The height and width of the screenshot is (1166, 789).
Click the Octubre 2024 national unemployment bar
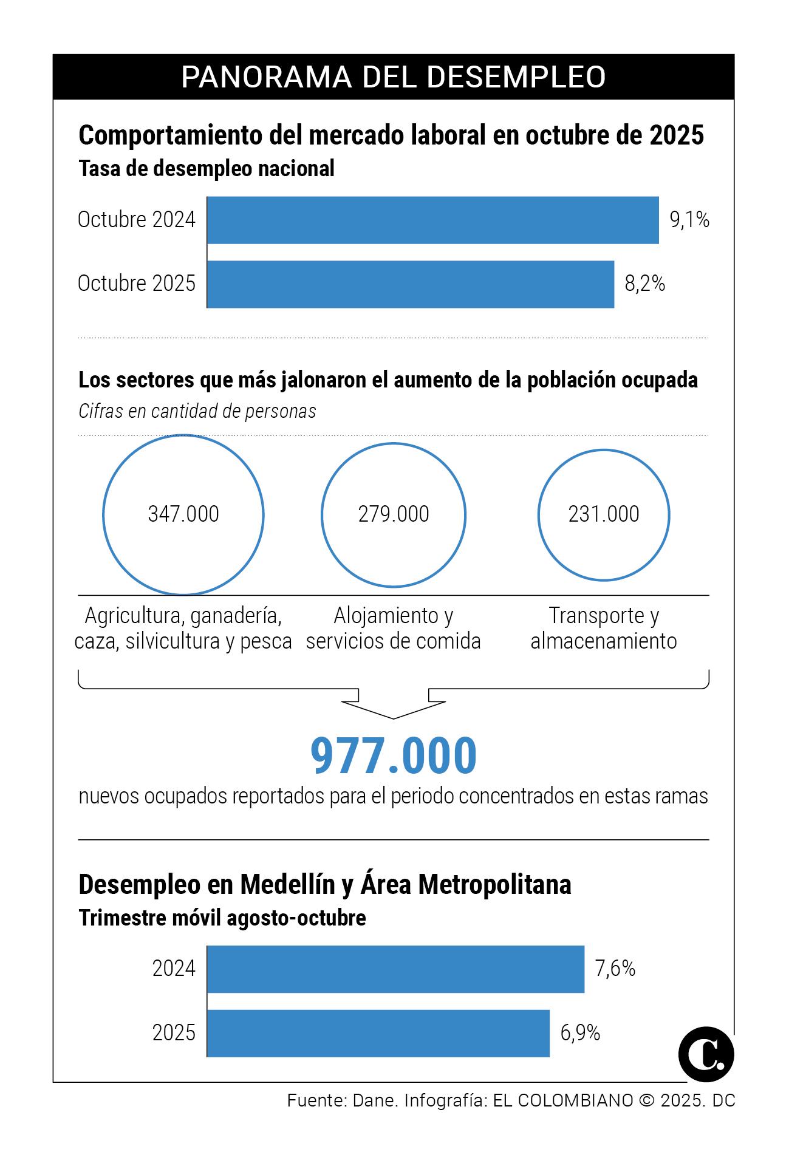(x=432, y=220)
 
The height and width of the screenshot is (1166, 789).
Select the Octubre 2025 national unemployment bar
(x=410, y=284)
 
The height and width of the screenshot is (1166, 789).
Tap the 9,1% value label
(x=689, y=220)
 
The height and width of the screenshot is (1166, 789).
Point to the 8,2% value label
(x=645, y=284)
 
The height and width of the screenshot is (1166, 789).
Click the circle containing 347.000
(x=183, y=514)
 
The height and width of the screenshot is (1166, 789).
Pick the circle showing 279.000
(x=393, y=514)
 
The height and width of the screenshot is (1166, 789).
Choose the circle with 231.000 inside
(x=603, y=514)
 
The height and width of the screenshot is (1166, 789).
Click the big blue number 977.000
(x=394, y=755)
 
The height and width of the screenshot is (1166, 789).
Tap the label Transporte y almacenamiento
(x=603, y=628)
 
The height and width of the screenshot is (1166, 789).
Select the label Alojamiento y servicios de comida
(x=393, y=628)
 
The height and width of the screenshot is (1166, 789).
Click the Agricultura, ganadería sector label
(x=183, y=628)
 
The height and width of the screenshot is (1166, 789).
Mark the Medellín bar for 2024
(x=395, y=969)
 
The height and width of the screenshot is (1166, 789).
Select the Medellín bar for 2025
(x=378, y=1033)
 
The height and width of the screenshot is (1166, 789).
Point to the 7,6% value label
(x=615, y=969)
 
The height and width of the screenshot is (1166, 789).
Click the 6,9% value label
(x=580, y=1033)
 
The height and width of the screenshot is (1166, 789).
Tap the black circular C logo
(x=706, y=1054)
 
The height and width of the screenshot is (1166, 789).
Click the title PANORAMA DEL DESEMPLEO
(x=394, y=77)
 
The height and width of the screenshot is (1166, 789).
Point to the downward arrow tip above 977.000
(x=394, y=717)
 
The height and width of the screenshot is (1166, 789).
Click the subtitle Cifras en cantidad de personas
(x=197, y=411)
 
